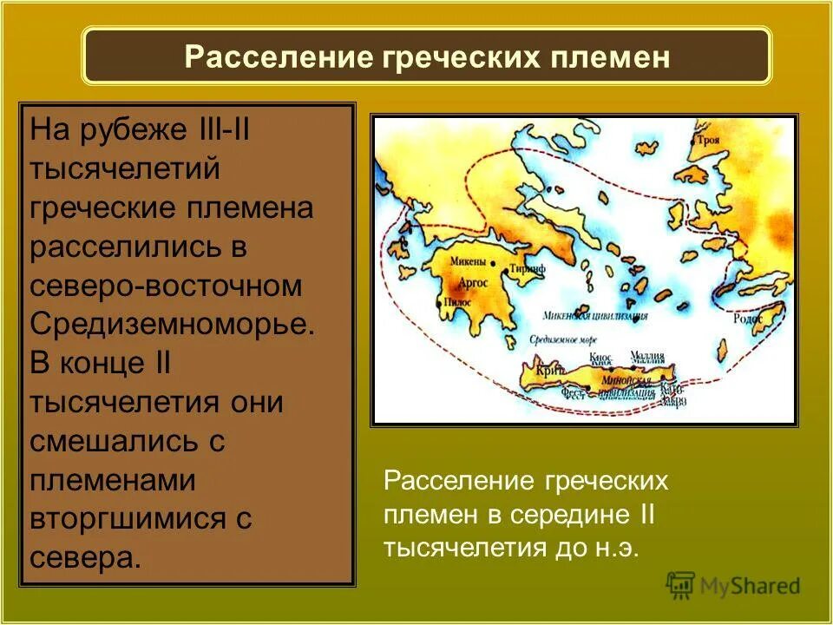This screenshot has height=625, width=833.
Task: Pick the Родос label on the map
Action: point(749,319)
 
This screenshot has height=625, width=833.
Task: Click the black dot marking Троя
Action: point(692,141)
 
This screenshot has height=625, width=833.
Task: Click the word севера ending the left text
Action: point(85,556)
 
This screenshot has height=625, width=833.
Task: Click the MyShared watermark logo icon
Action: point(681,585)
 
